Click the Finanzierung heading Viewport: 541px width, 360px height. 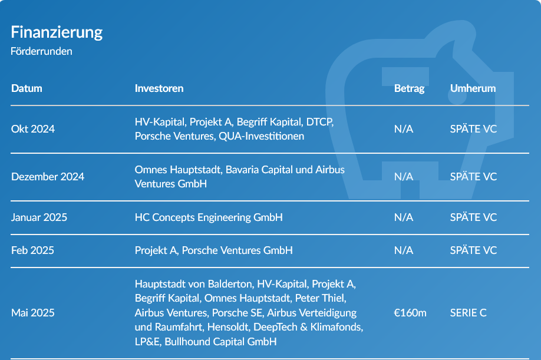point(57,32)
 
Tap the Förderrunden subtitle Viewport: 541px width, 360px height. point(41,51)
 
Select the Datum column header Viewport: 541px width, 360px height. point(27,88)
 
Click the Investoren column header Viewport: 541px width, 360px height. point(159,88)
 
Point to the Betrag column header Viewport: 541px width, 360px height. point(409,88)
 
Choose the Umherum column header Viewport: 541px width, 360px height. point(473,88)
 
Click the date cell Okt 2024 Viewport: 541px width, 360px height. point(33,129)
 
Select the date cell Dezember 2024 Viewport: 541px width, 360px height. point(48,177)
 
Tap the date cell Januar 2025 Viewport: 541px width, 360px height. point(39,217)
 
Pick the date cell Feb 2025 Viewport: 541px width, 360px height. point(32,250)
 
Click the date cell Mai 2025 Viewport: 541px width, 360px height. point(33,313)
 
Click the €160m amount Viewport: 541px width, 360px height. point(410,313)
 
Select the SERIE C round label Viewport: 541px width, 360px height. point(468,313)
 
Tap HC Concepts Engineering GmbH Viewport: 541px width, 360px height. point(209,217)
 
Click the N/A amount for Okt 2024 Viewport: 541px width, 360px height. point(404,129)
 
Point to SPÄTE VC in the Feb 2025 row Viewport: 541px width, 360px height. point(473,250)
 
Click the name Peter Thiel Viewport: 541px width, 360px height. point(320,298)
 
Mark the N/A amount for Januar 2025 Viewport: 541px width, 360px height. point(404,217)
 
